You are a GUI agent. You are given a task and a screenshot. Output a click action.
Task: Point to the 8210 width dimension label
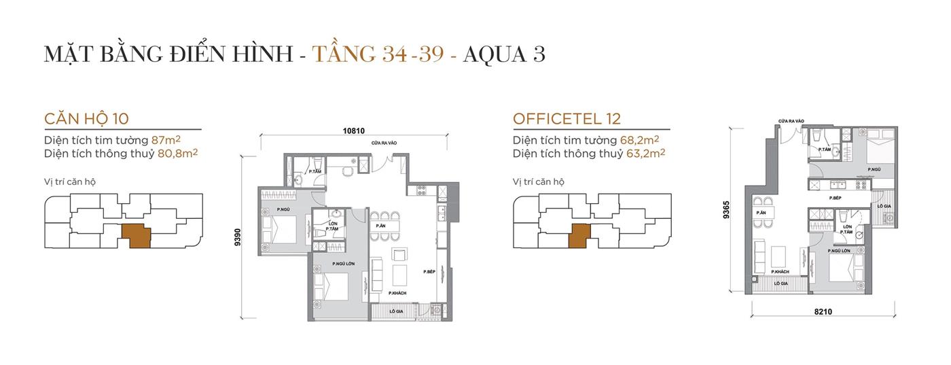tap(823, 312)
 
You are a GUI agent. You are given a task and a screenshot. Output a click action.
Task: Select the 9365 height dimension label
tap(727, 210)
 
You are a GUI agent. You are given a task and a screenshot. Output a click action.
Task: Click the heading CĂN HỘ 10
tap(86, 119)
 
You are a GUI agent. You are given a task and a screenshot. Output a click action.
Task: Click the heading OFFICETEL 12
tap(567, 119)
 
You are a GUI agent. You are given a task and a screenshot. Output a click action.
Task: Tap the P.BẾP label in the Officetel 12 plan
tap(836, 198)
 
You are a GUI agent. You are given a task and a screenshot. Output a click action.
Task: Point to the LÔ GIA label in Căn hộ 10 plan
tap(397, 311)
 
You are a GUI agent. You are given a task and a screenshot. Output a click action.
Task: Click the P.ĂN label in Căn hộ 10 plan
tap(381, 226)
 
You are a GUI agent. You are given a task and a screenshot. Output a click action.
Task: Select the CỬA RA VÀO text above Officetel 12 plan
tap(791, 121)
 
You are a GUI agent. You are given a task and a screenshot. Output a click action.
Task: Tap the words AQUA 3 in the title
tap(503, 54)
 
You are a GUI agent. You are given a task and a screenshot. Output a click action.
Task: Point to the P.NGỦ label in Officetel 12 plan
tap(874, 169)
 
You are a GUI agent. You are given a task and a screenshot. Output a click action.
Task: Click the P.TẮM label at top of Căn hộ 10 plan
tap(315, 172)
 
